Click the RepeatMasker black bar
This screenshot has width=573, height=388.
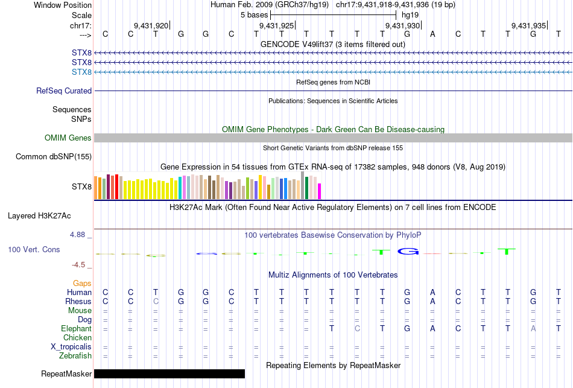169,374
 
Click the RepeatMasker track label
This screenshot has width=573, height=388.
66,374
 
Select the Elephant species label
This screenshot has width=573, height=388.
76,329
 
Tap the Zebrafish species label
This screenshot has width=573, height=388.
75,356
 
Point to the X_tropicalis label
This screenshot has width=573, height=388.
71,347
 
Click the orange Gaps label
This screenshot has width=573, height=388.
82,283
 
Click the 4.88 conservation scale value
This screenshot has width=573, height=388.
81,235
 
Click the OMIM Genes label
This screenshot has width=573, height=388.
68,138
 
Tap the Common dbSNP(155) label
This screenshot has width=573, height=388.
53,157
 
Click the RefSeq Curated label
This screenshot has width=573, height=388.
64,91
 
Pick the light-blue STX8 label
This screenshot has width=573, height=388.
81,72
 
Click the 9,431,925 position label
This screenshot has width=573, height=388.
277,25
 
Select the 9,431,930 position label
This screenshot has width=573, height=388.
402,25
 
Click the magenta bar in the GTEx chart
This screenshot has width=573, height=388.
320,191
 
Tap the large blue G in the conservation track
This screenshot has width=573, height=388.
408,251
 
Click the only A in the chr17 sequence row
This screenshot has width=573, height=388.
432,34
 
